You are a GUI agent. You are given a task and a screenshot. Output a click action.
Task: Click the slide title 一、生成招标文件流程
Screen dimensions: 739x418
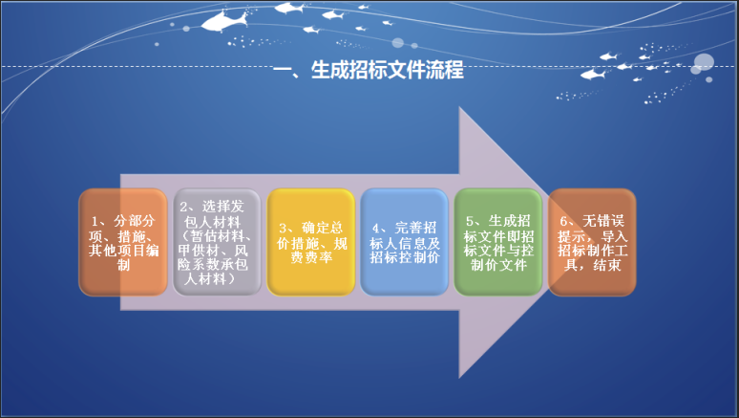pyautogui.click(x=369, y=70)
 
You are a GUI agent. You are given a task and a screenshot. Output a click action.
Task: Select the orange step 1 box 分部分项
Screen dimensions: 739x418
pyautogui.click(x=123, y=242)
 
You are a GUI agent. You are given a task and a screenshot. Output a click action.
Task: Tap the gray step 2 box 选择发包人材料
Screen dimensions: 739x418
pyautogui.click(x=217, y=242)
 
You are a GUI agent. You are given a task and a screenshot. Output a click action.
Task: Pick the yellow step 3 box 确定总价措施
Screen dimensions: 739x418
pyautogui.click(x=310, y=242)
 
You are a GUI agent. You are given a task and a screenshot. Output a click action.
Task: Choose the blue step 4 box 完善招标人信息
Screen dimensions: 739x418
pyautogui.click(x=405, y=242)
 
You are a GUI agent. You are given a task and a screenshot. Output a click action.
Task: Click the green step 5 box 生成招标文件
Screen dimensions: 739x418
pyautogui.click(x=498, y=242)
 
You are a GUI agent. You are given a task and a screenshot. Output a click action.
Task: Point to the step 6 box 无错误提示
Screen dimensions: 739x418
pyautogui.click(x=592, y=242)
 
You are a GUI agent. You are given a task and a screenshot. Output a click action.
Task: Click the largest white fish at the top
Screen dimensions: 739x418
pyautogui.click(x=224, y=21)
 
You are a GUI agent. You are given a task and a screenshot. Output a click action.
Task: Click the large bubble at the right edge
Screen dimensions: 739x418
pyautogui.click(x=704, y=63)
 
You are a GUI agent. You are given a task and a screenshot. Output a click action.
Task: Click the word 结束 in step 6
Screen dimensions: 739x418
pyautogui.click(x=607, y=265)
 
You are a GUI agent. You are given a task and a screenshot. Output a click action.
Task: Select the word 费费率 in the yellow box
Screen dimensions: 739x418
pyautogui.click(x=311, y=258)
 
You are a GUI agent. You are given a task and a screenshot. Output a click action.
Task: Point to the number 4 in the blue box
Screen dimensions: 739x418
pyautogui.click(x=375, y=229)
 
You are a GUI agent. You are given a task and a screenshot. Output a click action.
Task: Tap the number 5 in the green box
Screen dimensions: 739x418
pyautogui.click(x=470, y=222)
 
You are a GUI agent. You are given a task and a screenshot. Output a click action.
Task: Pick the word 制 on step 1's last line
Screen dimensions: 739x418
pyautogui.click(x=123, y=265)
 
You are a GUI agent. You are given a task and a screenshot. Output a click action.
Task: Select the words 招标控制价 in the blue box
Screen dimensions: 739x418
pyautogui.click(x=405, y=257)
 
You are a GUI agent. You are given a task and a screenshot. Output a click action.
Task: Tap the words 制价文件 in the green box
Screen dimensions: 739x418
pyautogui.click(x=498, y=265)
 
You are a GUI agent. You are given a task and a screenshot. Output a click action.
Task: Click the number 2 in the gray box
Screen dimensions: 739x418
pyautogui.click(x=183, y=208)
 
